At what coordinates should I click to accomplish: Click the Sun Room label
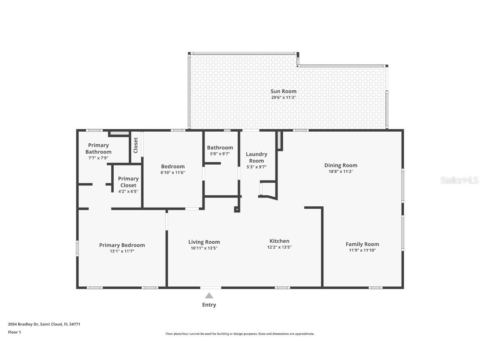click(x=283, y=91)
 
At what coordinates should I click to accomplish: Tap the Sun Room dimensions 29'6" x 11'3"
click(x=283, y=97)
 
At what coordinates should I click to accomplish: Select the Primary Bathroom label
click(x=98, y=148)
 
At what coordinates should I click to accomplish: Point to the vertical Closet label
click(x=135, y=145)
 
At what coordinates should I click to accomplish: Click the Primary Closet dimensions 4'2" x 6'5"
click(x=128, y=192)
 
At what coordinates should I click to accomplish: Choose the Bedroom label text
click(x=173, y=166)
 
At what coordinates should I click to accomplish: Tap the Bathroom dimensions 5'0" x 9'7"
click(x=220, y=154)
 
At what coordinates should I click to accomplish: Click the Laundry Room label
click(x=256, y=157)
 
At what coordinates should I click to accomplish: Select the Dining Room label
click(x=340, y=165)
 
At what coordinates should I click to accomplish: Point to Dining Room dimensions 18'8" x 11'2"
click(x=340, y=171)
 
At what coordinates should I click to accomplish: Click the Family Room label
click(x=362, y=244)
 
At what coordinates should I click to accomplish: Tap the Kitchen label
click(x=279, y=241)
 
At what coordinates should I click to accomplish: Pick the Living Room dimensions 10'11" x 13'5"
click(x=204, y=248)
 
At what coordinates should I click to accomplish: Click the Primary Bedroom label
click(x=122, y=245)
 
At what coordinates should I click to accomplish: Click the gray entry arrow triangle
click(x=209, y=296)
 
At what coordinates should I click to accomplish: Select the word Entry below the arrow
click(x=209, y=305)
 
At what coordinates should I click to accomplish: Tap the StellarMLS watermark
click(x=460, y=180)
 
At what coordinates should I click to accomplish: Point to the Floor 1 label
click(x=14, y=332)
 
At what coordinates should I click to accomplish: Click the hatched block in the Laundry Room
click(x=280, y=140)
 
